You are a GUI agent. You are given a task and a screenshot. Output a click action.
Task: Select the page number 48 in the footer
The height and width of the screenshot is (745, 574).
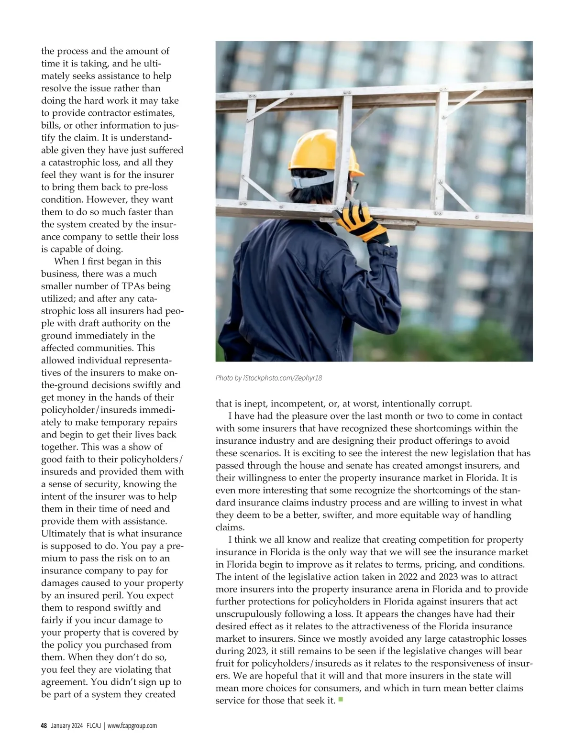tap(44, 726)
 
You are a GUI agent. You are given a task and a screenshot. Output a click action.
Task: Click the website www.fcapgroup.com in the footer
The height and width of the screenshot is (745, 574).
tap(132, 726)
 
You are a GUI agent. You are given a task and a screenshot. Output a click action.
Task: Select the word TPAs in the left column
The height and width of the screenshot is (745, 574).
tap(131, 286)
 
